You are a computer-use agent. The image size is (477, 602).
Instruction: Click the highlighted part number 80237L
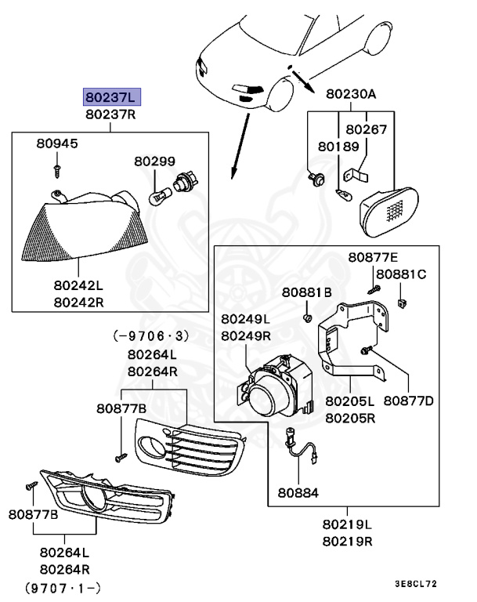pos(112,97)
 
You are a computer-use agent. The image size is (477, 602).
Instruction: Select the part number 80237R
pos(112,115)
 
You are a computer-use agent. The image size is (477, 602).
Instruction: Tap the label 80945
pos(57,144)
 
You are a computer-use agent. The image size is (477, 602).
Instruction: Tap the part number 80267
pos(366,129)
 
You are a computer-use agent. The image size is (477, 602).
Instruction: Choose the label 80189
pos(338,146)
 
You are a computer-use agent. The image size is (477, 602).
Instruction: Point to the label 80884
pos(298,495)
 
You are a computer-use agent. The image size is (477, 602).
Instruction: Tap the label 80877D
pos(408,401)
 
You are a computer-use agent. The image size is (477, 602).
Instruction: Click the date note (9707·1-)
pos(63,586)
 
